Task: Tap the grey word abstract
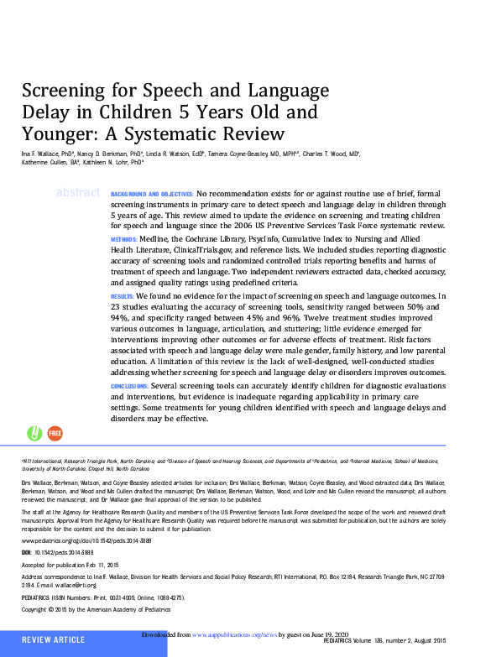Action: [78, 193]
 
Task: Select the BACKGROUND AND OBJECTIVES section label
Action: [152, 194]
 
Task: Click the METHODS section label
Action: [123, 239]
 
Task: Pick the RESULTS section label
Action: [123, 296]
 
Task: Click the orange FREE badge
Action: [55, 433]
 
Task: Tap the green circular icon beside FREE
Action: [35, 433]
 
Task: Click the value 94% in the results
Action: [121, 319]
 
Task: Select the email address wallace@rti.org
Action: [89, 585]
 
